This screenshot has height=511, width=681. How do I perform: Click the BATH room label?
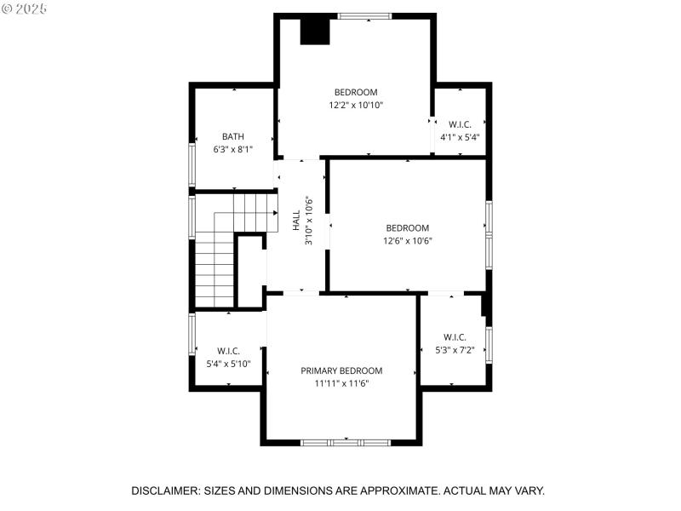pyautogui.click(x=233, y=136)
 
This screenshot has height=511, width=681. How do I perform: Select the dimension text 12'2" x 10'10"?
pyautogui.click(x=356, y=106)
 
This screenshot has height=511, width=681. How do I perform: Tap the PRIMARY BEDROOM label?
pyautogui.click(x=341, y=370)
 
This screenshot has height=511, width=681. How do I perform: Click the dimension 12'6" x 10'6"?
pyautogui.click(x=407, y=240)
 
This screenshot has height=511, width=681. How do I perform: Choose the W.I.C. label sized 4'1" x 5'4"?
pyautogui.click(x=460, y=124)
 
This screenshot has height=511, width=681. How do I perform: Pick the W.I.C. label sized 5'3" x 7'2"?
pyautogui.click(x=455, y=336)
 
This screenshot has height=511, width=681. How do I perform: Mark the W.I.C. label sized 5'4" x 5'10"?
pyautogui.click(x=228, y=351)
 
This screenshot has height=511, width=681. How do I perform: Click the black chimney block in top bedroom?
pyautogui.click(x=314, y=31)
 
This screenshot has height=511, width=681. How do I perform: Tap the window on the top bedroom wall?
pyautogui.click(x=364, y=15)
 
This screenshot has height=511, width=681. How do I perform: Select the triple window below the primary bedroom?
pyautogui.click(x=346, y=442)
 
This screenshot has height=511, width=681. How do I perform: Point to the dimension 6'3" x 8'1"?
pyautogui.click(x=233, y=149)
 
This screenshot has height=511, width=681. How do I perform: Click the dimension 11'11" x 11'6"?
pyautogui.click(x=341, y=383)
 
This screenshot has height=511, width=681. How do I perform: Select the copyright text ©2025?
pyautogui.click(x=26, y=8)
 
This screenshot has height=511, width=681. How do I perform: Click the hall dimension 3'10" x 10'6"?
pyautogui.click(x=310, y=221)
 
